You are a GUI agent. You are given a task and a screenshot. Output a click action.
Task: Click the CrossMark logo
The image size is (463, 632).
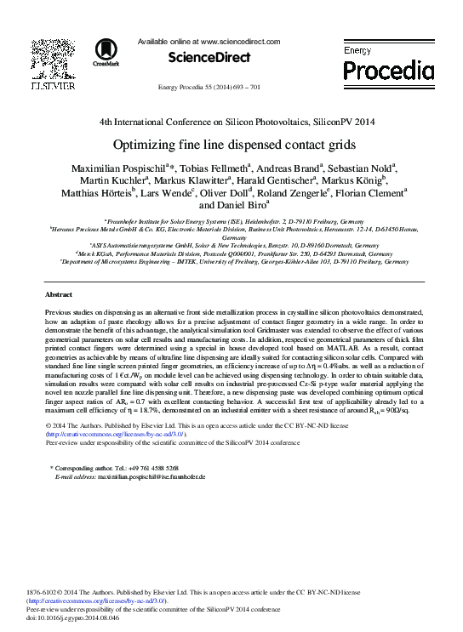click(106, 52)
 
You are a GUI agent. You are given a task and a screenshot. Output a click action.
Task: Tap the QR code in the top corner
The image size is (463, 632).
click(49, 56)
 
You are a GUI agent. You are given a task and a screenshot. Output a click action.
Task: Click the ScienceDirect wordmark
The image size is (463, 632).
click(209, 58)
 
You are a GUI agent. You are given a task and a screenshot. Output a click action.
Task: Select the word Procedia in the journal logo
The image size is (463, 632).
click(389, 68)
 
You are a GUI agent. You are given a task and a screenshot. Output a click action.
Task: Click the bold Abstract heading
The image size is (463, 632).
click(60, 294)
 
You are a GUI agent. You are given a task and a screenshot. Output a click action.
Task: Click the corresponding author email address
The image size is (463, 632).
click(151, 477)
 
